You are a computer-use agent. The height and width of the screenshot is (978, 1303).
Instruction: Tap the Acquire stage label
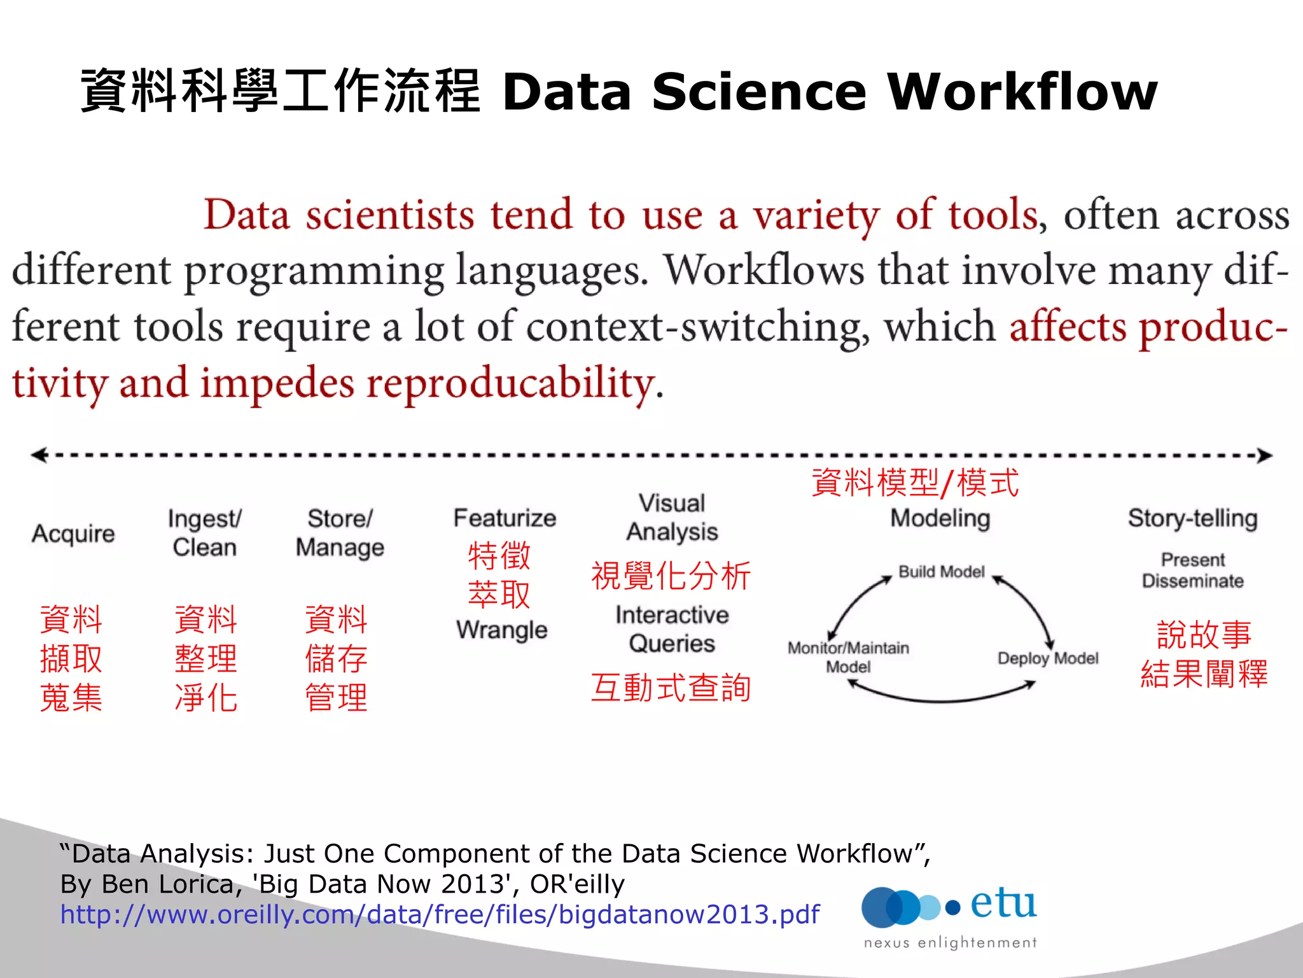[73, 534]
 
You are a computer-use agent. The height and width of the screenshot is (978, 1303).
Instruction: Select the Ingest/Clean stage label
[204, 533]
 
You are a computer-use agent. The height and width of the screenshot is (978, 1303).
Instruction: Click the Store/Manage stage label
[340, 533]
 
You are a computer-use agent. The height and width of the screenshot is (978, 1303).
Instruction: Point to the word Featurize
[505, 518]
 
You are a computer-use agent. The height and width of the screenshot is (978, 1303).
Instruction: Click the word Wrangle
[502, 630]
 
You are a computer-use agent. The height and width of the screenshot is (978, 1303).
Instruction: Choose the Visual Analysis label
[672, 518]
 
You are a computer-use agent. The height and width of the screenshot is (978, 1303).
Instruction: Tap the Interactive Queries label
[672, 629]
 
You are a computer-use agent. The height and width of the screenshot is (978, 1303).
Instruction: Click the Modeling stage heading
[940, 518]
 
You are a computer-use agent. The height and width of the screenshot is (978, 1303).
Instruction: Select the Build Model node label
[941, 572]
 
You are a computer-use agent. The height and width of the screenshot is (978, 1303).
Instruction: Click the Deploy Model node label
[1048, 658]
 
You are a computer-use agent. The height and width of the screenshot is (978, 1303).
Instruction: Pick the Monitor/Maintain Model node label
[848, 657]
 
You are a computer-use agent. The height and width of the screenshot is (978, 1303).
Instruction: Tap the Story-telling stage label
[1193, 518]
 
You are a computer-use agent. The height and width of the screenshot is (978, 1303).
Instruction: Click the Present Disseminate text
[1193, 570]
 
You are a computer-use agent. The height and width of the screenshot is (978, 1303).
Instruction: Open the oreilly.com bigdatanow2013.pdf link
[440, 915]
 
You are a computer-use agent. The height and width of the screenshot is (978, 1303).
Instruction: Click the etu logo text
[1003, 904]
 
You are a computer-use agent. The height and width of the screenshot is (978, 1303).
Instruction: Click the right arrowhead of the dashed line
[1265, 455]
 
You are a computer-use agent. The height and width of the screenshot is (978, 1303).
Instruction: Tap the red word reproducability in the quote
[510, 384]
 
